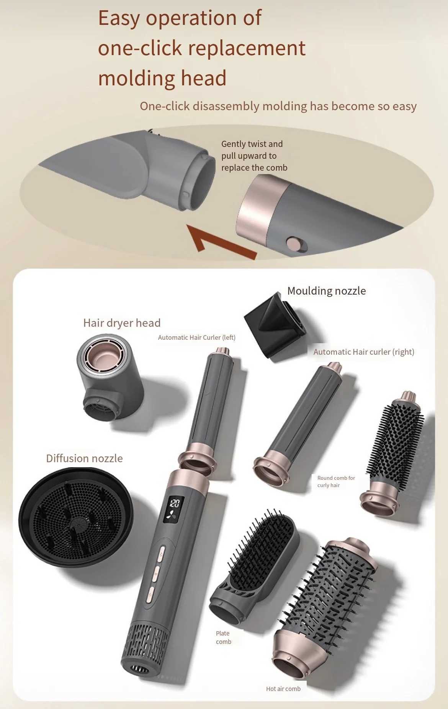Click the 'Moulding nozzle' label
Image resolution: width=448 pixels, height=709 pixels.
click(x=327, y=291)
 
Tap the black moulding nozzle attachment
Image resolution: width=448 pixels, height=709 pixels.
click(x=274, y=326)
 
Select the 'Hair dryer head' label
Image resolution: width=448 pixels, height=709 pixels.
click(x=122, y=323)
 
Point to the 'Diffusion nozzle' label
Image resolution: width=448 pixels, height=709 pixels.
click(x=84, y=458)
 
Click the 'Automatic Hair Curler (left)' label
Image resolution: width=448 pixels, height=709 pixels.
click(x=196, y=337)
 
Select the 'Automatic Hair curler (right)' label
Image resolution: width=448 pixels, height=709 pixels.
click(x=364, y=352)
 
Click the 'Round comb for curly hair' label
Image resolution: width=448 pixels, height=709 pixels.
click(x=336, y=481)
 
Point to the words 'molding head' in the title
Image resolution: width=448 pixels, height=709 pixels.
click(x=162, y=78)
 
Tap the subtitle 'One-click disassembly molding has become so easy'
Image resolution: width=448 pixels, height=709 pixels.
click(x=278, y=106)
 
